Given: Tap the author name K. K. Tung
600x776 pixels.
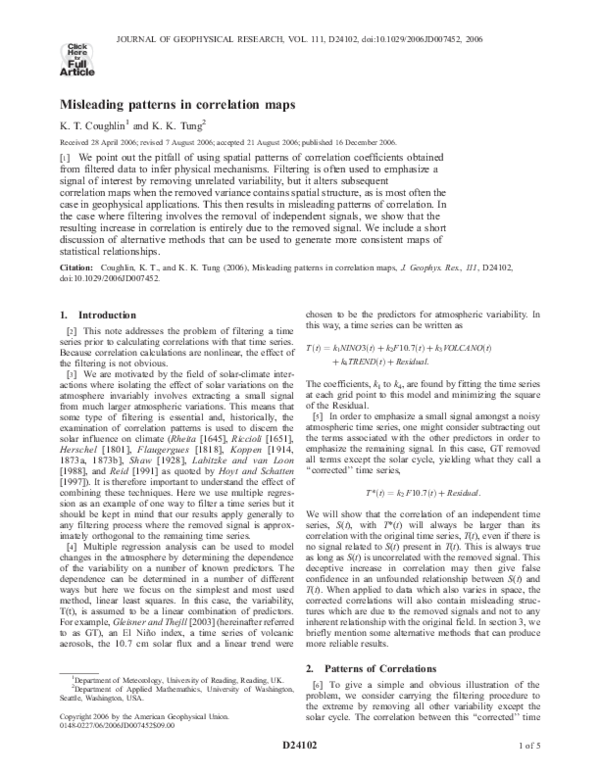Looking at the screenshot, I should point(176,126).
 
